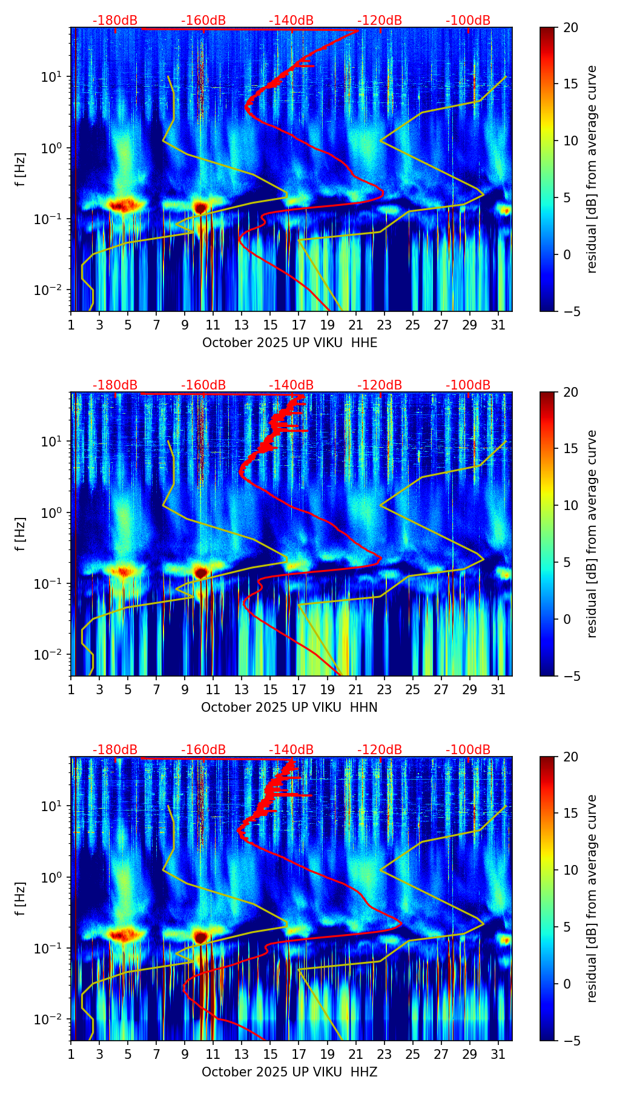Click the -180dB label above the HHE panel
tap(115, 21)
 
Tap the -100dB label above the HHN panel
tap(468, 385)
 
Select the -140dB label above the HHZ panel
tap(291, 750)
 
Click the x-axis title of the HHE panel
tap(289, 343)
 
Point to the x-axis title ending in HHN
tap(289, 708)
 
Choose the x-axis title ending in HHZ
tap(289, 1072)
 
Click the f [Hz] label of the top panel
tap(21, 170)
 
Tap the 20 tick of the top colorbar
tap(570, 28)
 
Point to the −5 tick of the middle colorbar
tap(570, 676)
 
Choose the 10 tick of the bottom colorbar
tap(570, 870)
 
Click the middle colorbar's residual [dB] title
tap(592, 534)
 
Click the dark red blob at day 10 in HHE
tap(200, 208)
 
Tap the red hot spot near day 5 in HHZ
tap(124, 935)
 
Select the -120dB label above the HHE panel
tap(380, 21)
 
